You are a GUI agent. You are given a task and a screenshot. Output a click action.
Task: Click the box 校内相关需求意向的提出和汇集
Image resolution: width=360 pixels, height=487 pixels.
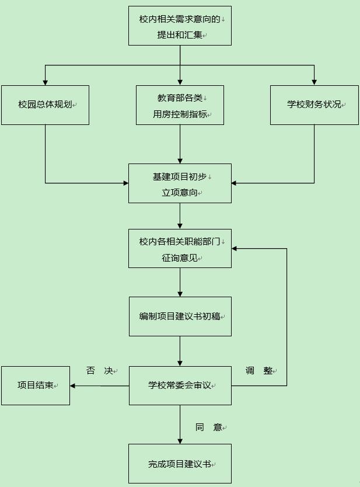[180, 26]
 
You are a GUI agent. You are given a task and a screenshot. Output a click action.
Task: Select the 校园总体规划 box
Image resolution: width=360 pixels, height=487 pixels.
[46, 105]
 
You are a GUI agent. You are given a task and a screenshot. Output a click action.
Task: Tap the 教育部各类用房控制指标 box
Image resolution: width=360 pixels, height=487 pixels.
[180, 105]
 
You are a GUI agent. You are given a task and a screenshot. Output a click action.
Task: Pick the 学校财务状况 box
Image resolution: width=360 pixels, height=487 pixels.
[314, 105]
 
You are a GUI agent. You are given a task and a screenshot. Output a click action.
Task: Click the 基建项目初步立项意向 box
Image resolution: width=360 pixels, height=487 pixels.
[180, 183]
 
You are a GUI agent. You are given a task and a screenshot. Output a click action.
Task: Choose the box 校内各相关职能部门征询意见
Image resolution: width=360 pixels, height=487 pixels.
[180, 249]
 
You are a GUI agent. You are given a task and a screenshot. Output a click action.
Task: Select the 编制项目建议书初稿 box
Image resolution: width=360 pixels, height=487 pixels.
[180, 316]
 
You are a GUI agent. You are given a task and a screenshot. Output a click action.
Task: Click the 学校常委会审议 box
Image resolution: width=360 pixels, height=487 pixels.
[180, 386]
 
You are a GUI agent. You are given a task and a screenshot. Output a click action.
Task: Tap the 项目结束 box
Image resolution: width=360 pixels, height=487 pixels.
[36, 386]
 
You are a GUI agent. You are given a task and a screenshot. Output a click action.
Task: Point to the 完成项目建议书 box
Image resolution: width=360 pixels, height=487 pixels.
[180, 464]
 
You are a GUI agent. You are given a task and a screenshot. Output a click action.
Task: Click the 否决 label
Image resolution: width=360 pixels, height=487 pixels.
[100, 371]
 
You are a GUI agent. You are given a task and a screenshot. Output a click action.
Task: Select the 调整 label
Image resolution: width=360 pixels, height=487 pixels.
[259, 371]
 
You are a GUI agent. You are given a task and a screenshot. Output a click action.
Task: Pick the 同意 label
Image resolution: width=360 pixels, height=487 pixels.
[209, 427]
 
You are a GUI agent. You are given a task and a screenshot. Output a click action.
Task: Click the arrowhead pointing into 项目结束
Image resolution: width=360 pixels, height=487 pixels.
[72, 386]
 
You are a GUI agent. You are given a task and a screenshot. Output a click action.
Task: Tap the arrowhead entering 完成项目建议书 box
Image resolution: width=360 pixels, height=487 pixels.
[180, 441]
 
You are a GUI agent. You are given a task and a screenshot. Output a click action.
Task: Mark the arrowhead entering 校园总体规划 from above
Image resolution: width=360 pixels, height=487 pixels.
[46, 82]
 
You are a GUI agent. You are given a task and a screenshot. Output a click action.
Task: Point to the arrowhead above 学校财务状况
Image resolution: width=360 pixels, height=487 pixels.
[314, 82]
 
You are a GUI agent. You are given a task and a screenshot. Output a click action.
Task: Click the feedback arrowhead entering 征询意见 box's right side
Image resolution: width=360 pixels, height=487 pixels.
[234, 249]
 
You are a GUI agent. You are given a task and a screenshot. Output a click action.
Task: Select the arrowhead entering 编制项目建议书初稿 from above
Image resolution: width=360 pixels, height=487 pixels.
[180, 294]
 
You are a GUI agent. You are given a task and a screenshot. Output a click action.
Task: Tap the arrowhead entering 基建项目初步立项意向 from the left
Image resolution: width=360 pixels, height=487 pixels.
[126, 183]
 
